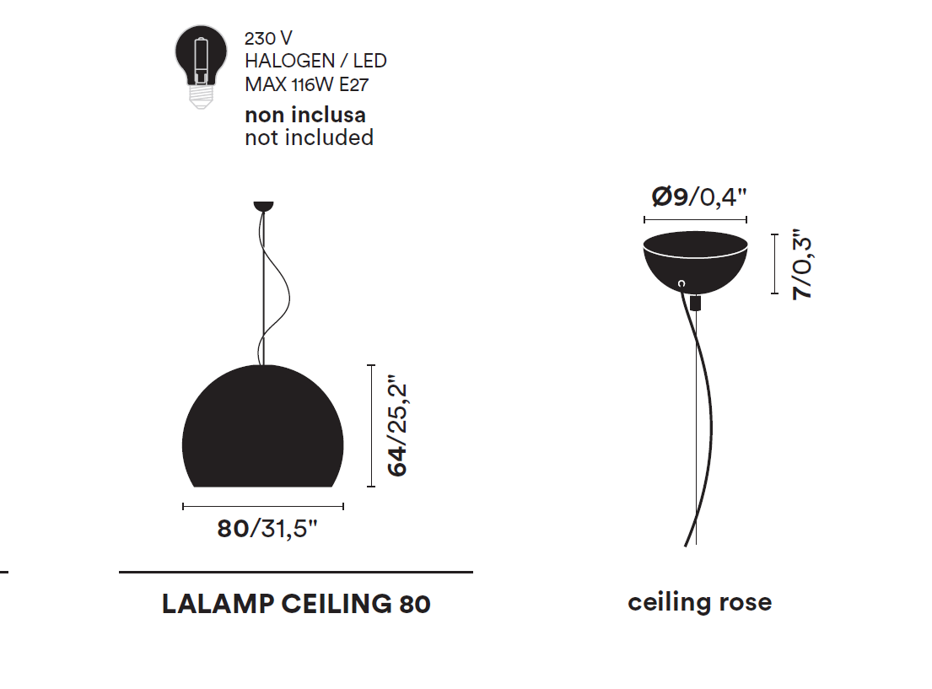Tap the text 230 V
pyautogui.click(x=268, y=39)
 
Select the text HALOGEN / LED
pyautogui.click(x=315, y=61)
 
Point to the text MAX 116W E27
pyautogui.click(x=306, y=84)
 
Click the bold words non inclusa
pyautogui.click(x=304, y=115)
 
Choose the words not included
pyautogui.click(x=309, y=137)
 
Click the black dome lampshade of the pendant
pyautogui.click(x=263, y=430)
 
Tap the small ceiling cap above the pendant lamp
pyautogui.click(x=263, y=205)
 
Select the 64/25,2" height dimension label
pyautogui.click(x=397, y=428)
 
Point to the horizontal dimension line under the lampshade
pyautogui.click(x=263, y=506)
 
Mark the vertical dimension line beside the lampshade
pyautogui.click(x=370, y=426)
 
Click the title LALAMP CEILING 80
pyautogui.click(x=296, y=604)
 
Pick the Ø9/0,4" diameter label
pyautogui.click(x=699, y=196)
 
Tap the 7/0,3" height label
pyautogui.click(x=803, y=265)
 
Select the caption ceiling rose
pyautogui.click(x=699, y=602)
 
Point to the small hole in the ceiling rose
pyautogui.click(x=681, y=284)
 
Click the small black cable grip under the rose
pyautogui.click(x=696, y=302)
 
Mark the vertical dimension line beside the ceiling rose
pyautogui.click(x=774, y=265)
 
